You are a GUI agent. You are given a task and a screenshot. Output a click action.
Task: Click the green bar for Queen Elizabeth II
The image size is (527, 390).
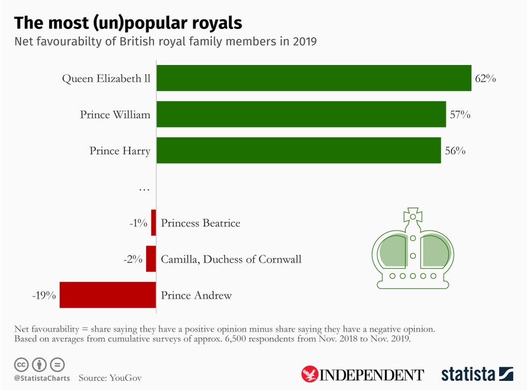[x=314, y=78]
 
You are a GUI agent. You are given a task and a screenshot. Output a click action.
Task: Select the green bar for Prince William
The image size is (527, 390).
[x=301, y=114]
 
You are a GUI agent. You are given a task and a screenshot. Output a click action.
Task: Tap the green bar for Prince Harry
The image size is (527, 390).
[x=298, y=150]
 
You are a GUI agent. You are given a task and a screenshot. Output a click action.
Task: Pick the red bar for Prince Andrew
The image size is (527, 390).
[x=107, y=295]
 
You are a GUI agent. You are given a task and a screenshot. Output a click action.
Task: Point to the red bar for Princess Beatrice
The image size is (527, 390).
[x=153, y=223]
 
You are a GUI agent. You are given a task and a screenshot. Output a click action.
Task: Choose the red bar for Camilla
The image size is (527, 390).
[x=151, y=259]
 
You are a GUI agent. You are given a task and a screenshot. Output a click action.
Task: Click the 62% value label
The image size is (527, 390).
[x=485, y=78]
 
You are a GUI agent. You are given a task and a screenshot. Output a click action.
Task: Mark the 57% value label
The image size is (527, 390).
[x=460, y=114]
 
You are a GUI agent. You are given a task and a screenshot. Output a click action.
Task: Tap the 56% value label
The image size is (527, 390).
[x=455, y=151]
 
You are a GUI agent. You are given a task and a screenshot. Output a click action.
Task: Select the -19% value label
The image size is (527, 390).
[x=44, y=295]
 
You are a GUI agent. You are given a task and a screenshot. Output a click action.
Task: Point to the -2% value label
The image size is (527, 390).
[x=133, y=259]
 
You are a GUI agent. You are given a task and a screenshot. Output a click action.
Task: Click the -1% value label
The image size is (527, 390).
[x=138, y=223]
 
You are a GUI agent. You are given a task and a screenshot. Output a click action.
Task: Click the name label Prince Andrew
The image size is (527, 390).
[x=196, y=295]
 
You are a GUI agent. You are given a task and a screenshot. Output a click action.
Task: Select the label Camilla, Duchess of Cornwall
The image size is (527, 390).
[x=231, y=259]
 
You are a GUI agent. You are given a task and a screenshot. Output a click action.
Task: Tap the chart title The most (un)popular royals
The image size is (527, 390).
[x=128, y=23]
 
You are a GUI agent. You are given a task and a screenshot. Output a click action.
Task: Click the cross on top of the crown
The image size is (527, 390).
[x=413, y=214]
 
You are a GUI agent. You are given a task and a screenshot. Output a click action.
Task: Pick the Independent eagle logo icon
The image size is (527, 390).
[x=310, y=374]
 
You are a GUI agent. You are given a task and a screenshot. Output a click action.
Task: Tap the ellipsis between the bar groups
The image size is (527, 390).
[x=144, y=189]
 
